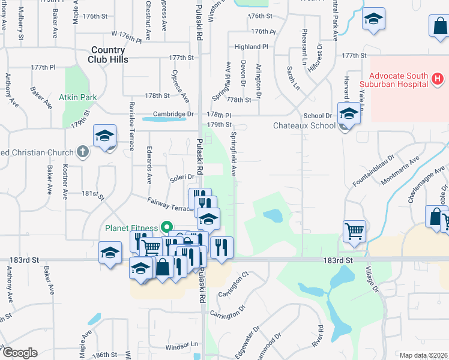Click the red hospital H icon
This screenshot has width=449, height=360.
pyautogui.click(x=438, y=79)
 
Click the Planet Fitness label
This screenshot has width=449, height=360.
pyautogui.click(x=131, y=227)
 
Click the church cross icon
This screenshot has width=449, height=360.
pyautogui.click(x=83, y=152)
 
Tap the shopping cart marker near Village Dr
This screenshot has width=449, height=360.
pyautogui.click(x=354, y=230)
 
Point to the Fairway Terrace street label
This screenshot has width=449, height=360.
pyautogui.click(x=170, y=203)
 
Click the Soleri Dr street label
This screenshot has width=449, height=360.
pyautogui.click(x=181, y=176)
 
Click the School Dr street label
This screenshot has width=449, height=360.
pyautogui.click(x=318, y=115)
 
